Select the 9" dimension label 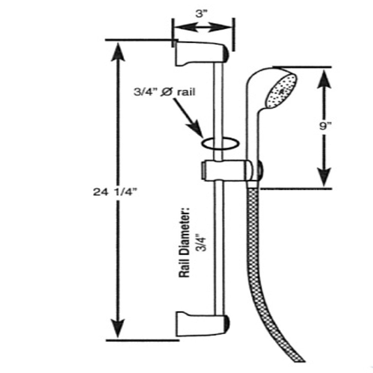pos(325,126)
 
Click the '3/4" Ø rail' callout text pos(164,92)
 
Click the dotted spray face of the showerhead pos(282,90)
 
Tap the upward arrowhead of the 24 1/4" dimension pos(119,50)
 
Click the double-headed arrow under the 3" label pos(203,27)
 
